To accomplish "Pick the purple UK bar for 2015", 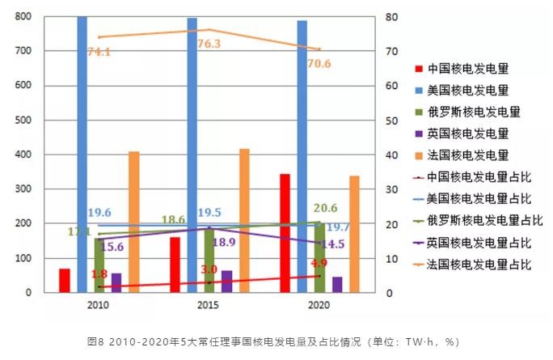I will (x=226, y=282).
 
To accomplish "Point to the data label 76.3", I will (x=210, y=44).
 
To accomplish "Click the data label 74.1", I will (x=98, y=53).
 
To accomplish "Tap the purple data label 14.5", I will (x=310, y=244).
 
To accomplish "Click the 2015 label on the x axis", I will (x=209, y=305).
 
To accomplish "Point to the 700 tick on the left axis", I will (x=24, y=51).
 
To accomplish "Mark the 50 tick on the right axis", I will (x=389, y=121).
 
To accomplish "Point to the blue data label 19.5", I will (x=209, y=213).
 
